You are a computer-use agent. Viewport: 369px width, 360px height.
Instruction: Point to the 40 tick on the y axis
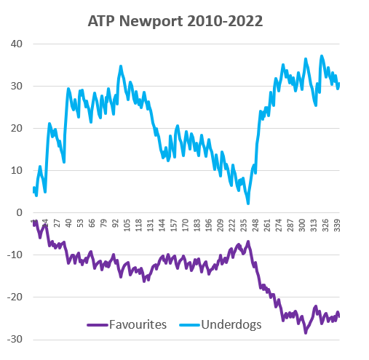tap(17, 44)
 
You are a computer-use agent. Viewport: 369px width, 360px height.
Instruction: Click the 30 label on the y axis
tap(17, 86)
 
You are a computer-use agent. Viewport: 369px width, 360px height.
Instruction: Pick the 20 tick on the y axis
tap(17, 128)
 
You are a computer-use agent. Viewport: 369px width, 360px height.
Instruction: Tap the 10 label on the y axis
tap(17, 170)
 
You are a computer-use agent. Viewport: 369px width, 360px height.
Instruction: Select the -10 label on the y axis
tap(15, 255)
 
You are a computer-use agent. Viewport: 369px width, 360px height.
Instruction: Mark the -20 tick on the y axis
tap(15, 297)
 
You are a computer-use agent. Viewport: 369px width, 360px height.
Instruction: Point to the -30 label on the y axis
tap(15, 340)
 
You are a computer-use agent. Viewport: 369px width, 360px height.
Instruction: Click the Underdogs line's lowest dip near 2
tap(248, 204)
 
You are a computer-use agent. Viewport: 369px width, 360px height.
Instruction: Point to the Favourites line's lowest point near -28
tap(306, 332)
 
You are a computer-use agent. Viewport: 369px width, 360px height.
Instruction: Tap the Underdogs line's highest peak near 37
tap(322, 56)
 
